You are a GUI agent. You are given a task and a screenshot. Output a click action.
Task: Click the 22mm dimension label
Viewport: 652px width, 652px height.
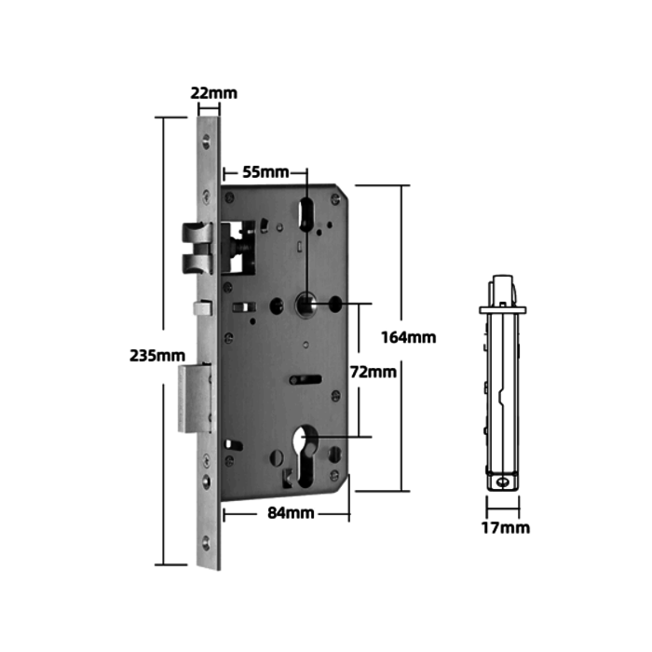coord(213,93)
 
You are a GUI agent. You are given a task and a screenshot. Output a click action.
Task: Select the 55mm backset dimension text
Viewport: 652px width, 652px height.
coord(265,172)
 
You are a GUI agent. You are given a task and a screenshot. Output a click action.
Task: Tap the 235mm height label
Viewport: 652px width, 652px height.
coord(156,355)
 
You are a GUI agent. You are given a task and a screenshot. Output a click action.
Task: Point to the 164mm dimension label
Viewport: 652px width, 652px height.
coord(409,337)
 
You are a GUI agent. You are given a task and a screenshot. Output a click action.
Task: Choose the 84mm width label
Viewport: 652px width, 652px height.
coord(291,513)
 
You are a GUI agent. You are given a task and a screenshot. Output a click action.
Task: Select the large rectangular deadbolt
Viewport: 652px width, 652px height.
coord(194,400)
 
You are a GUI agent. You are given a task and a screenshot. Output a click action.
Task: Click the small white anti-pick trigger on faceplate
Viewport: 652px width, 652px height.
coord(197,308)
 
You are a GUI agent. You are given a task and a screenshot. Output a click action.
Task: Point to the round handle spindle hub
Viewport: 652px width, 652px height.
coord(306,304)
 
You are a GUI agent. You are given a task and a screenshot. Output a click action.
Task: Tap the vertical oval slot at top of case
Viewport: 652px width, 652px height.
coord(306,213)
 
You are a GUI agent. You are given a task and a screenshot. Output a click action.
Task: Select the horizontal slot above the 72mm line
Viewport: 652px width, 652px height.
coord(306,379)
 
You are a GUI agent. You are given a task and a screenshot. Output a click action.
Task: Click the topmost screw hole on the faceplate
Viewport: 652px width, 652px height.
coord(209,143)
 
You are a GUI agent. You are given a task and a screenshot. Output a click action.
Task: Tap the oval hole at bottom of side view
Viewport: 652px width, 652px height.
coord(503,482)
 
